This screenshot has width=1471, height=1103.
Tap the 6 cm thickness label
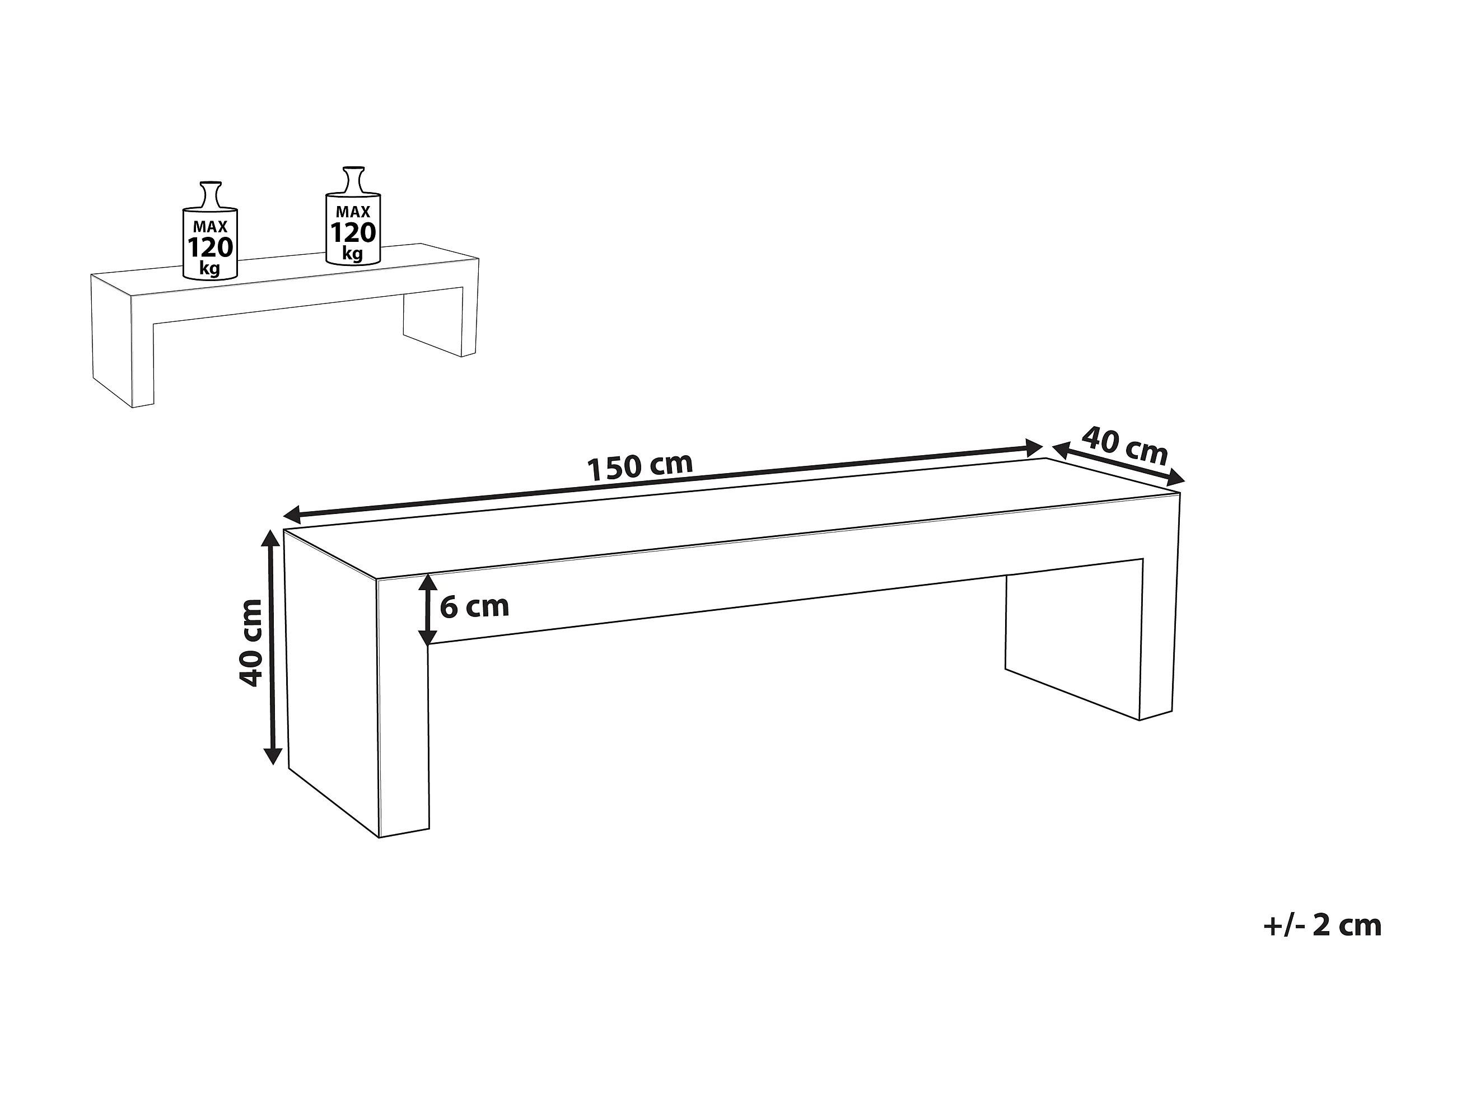pyautogui.click(x=474, y=606)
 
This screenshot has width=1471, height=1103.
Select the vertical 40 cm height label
pyautogui.click(x=251, y=642)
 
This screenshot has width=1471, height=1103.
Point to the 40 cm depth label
pyautogui.click(x=1124, y=446)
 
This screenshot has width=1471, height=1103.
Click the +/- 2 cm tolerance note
pyautogui.click(x=1322, y=925)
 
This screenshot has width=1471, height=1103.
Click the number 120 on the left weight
pyautogui.click(x=210, y=248)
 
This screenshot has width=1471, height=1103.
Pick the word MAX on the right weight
pyautogui.click(x=353, y=212)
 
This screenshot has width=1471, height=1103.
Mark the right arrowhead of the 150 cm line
pyautogui.click(x=1034, y=447)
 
